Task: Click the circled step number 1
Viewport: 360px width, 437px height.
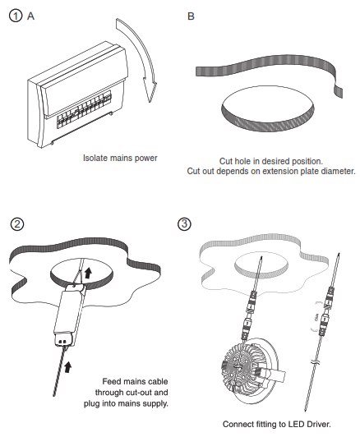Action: pos(15,16)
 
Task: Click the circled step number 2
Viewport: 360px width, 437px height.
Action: pos(15,224)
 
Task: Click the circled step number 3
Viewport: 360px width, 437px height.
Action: pos(186,224)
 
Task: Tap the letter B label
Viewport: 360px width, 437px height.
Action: pos(192,16)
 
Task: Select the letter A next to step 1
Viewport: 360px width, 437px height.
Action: pos(31,16)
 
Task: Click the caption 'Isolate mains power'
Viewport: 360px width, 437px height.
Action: pos(120,158)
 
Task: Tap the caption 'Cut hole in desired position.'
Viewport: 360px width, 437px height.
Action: pos(270,160)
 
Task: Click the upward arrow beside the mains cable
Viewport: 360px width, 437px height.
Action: pos(68,362)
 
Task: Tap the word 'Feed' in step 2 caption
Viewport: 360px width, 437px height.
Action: pos(112,382)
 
